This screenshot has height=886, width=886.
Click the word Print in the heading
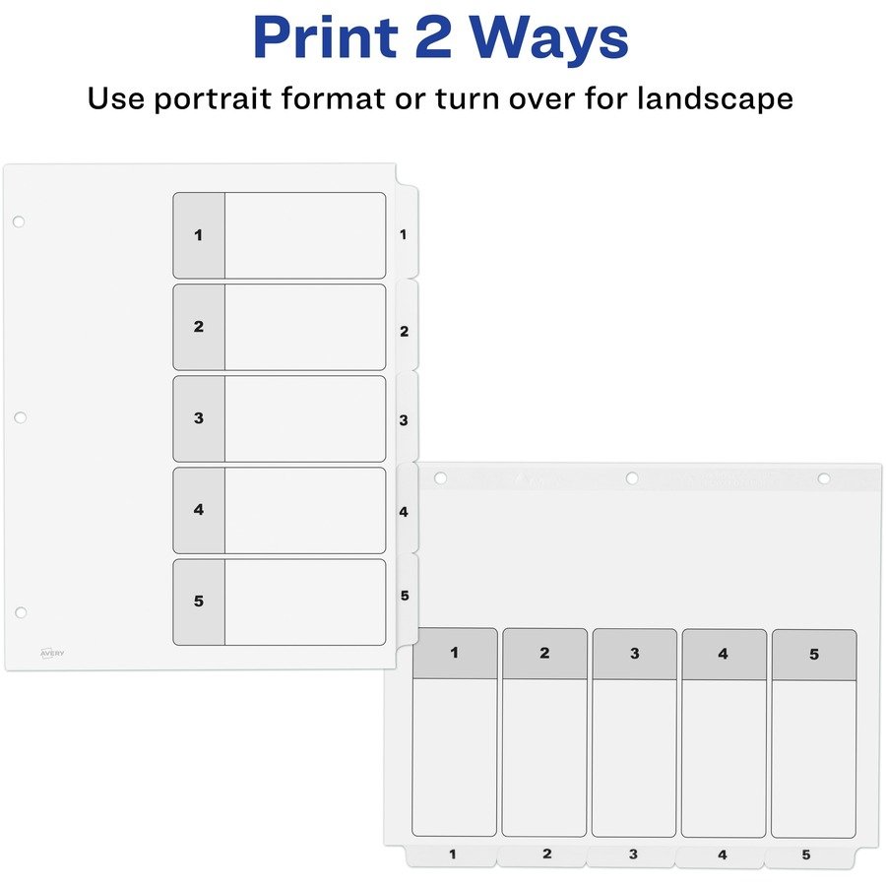(326, 37)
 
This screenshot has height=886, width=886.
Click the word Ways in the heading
(549, 37)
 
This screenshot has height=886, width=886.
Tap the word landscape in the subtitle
(715, 98)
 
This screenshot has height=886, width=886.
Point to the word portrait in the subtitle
(214, 98)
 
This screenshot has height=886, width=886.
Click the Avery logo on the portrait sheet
(52, 654)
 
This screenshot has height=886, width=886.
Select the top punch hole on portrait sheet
(19, 221)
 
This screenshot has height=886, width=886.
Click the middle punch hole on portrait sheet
(20, 417)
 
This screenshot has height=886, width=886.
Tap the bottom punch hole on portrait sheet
(21, 612)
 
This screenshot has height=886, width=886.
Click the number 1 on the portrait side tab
(403, 234)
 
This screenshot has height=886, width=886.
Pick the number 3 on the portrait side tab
(404, 420)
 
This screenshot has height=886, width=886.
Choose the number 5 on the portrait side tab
(405, 596)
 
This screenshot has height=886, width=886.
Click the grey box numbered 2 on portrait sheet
(199, 327)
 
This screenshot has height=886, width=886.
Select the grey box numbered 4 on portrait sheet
(199, 510)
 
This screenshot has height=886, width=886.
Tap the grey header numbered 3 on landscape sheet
(635, 655)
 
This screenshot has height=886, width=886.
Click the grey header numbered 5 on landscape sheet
(814, 655)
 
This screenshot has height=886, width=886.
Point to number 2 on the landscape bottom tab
(547, 854)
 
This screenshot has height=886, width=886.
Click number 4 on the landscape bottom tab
(723, 854)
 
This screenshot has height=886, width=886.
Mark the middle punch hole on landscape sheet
(632, 478)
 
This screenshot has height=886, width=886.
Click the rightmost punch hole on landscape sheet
(824, 479)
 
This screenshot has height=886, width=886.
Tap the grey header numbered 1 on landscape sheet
(455, 654)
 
